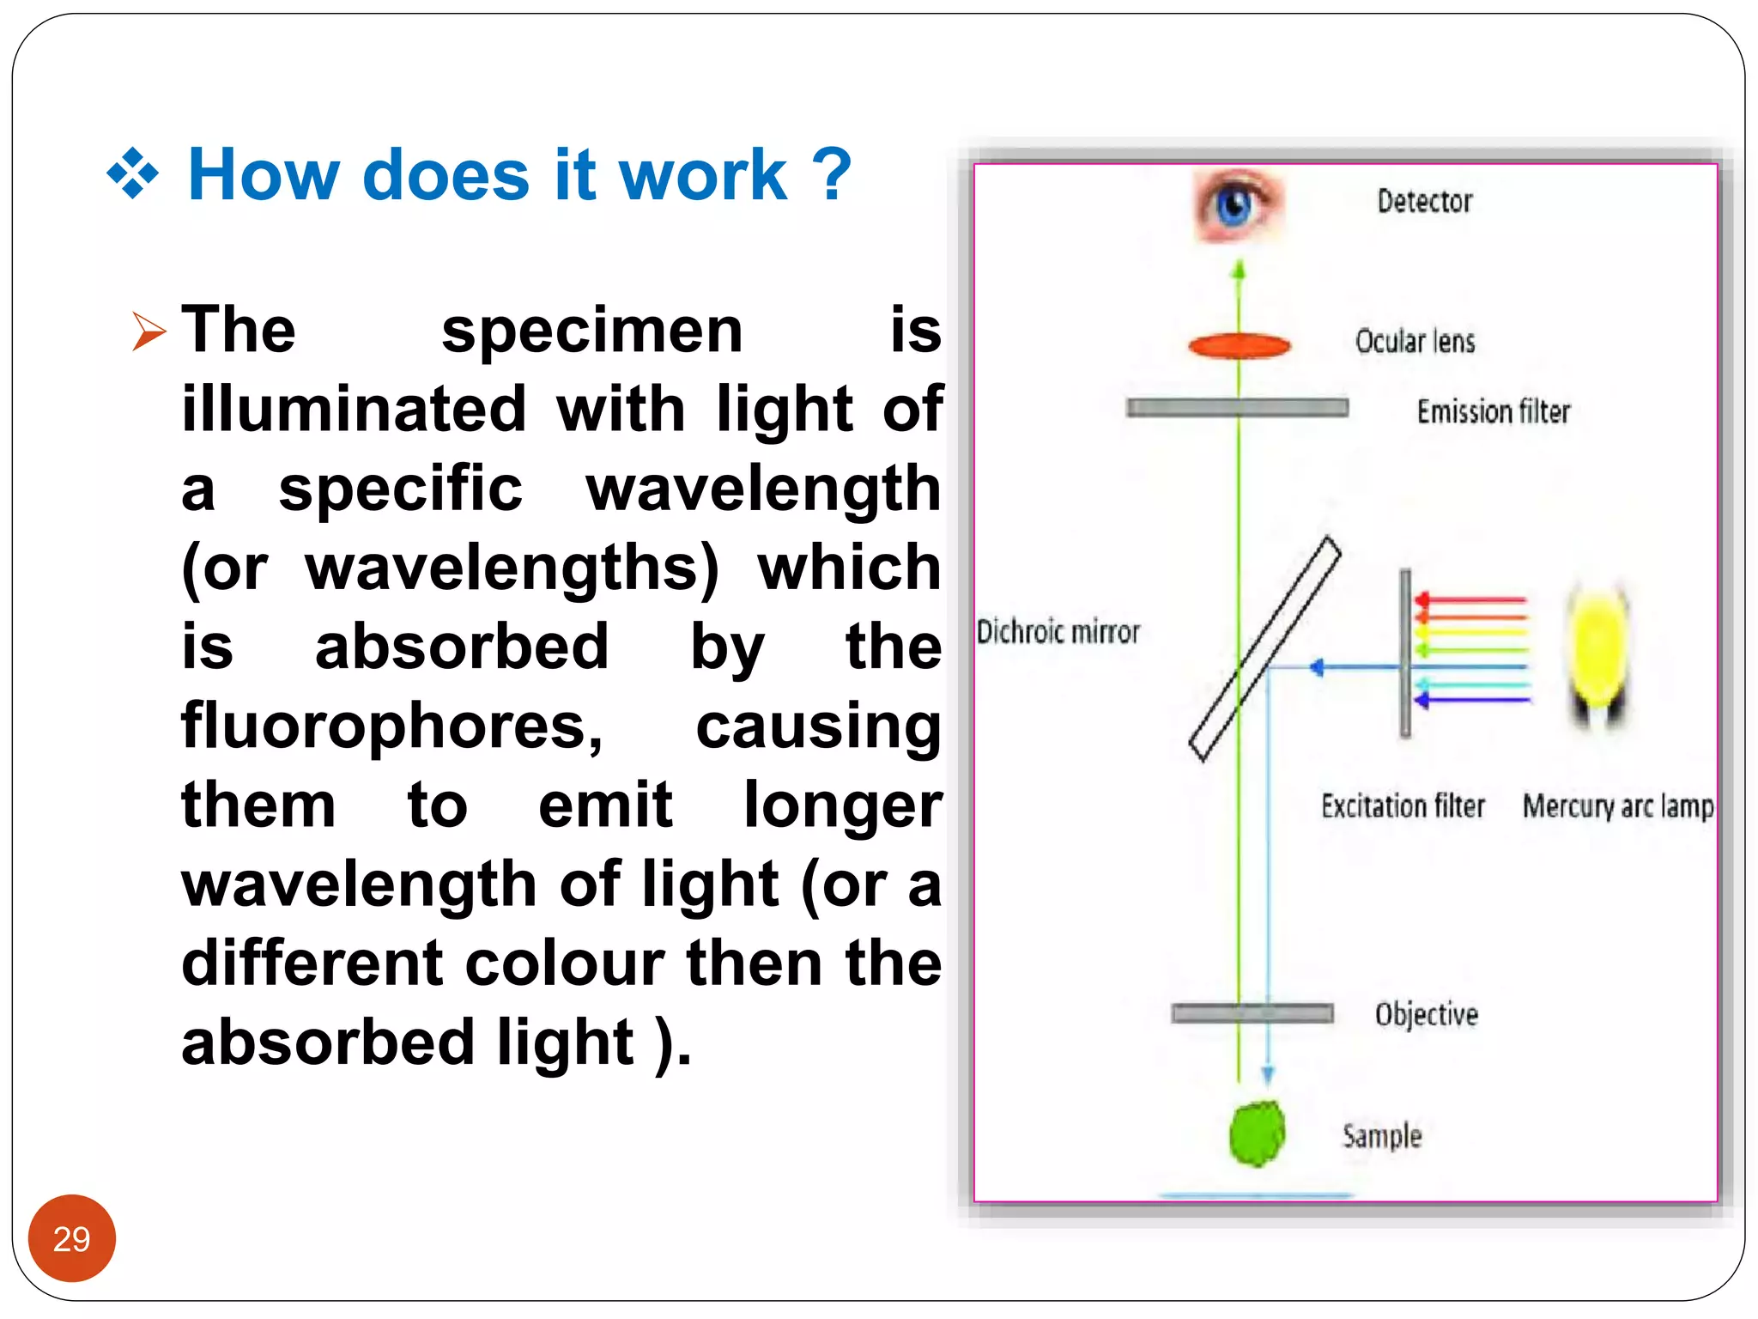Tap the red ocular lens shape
pyautogui.click(x=1239, y=346)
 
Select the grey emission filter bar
pyautogui.click(x=1237, y=408)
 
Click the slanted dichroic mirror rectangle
pyautogui.click(x=1264, y=649)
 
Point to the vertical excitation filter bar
pyautogui.click(x=1405, y=653)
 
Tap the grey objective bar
pyautogui.click(x=1252, y=1014)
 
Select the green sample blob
pyautogui.click(x=1257, y=1134)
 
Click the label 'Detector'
pyautogui.click(x=1425, y=202)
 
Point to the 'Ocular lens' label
pyautogui.click(x=1415, y=342)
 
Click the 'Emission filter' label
pyautogui.click(x=1493, y=412)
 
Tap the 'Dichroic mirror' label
pyautogui.click(x=1058, y=632)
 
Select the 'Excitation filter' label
pyautogui.click(x=1403, y=806)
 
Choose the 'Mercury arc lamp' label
pyautogui.click(x=1618, y=806)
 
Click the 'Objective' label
pyautogui.click(x=1426, y=1014)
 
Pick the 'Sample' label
pyautogui.click(x=1382, y=1136)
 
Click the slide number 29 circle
pyautogui.click(x=71, y=1238)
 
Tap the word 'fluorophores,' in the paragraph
pyautogui.click(x=392, y=726)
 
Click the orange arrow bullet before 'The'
pyautogui.click(x=148, y=331)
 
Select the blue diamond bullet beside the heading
pyautogui.click(x=132, y=173)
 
